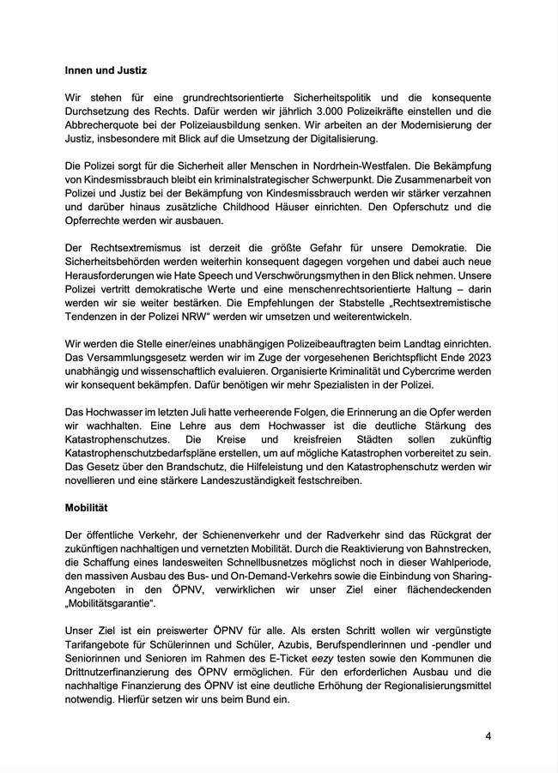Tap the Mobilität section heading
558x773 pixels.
point(92,507)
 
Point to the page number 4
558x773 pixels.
point(488,736)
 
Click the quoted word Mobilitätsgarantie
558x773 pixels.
point(114,604)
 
